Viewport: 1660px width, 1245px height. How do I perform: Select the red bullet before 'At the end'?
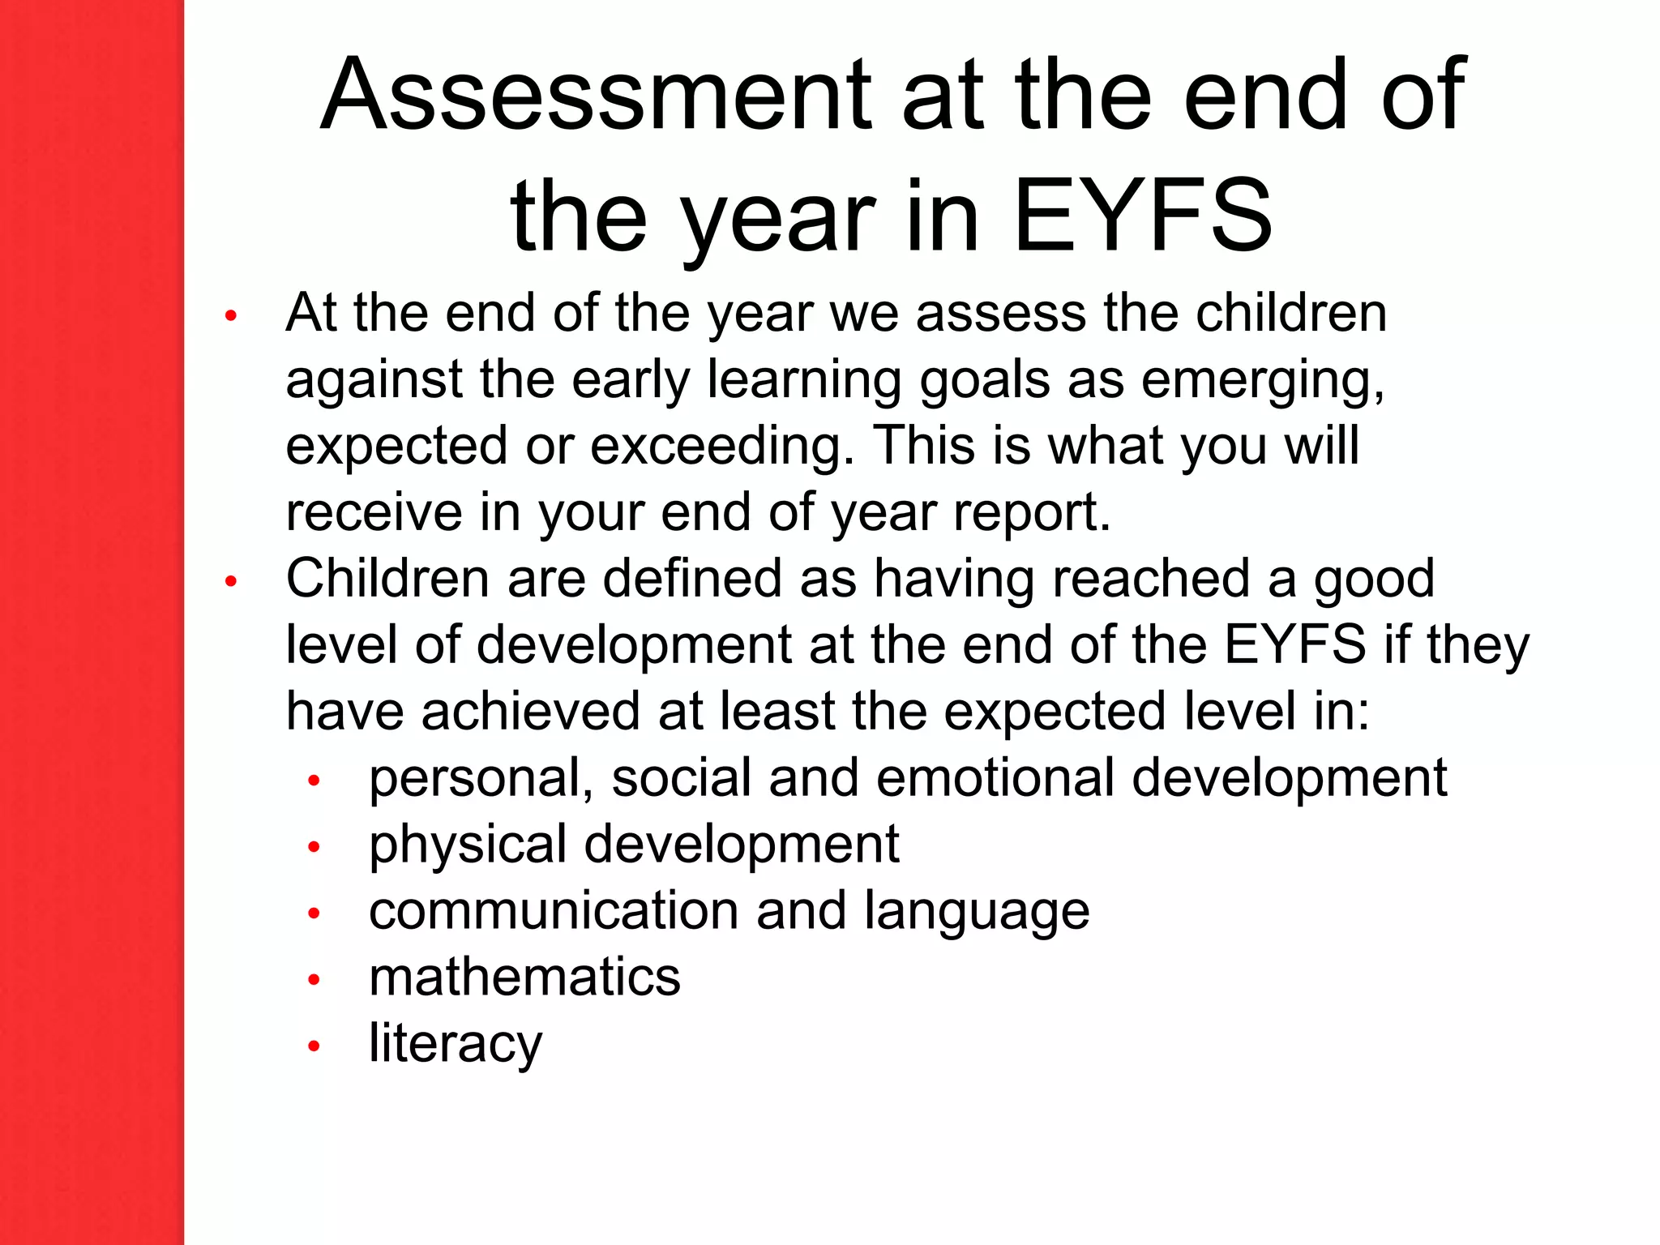[x=231, y=316]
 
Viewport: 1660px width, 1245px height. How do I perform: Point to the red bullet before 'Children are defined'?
[x=231, y=581]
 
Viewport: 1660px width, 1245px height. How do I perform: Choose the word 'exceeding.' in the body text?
[x=722, y=447]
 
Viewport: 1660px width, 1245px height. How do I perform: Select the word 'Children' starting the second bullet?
[x=387, y=579]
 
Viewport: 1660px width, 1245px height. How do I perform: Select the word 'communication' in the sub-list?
[x=554, y=911]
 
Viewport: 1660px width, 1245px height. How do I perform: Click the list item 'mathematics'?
[x=524, y=977]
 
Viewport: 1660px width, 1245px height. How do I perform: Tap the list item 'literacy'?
[x=455, y=1045]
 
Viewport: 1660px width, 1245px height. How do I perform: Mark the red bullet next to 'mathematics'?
[x=314, y=981]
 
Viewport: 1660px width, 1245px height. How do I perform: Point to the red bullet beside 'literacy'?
[x=314, y=1046]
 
